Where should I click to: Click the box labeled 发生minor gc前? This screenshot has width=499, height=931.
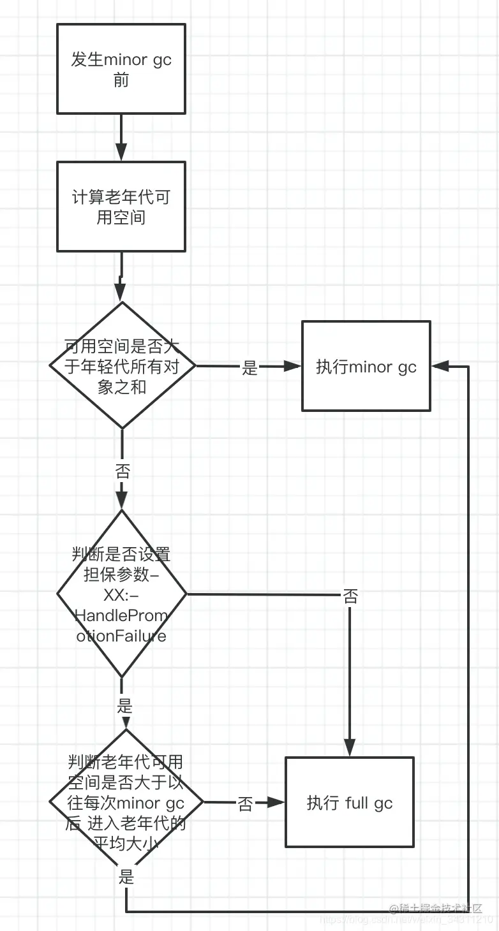coord(121,69)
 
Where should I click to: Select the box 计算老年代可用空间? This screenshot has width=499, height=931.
coord(121,206)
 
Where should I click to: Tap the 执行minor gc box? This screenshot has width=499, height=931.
coord(366,366)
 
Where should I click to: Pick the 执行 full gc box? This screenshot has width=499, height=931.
coord(349,802)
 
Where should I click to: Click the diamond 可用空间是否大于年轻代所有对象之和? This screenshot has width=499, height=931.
coord(122,366)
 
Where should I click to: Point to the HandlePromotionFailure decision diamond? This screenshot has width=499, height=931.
coord(121,594)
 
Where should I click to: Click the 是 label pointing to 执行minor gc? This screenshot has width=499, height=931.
coord(250,367)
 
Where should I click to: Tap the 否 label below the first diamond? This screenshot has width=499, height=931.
coord(122,471)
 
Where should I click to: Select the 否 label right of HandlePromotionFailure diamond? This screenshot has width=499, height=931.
coord(350,596)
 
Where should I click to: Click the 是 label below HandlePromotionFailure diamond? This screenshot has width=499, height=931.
coord(124,706)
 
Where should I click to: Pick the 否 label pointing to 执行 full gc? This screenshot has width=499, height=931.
coord(246,803)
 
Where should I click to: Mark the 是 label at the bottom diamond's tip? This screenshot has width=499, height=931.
coord(126,876)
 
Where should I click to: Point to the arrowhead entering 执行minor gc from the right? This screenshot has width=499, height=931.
coord(440,366)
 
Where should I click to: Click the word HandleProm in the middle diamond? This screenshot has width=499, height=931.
coord(121,615)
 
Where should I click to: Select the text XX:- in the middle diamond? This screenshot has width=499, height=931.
coord(121,595)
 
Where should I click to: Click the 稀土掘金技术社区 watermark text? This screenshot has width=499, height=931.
coord(435,908)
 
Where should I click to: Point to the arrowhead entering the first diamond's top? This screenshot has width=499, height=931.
coord(121,293)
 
